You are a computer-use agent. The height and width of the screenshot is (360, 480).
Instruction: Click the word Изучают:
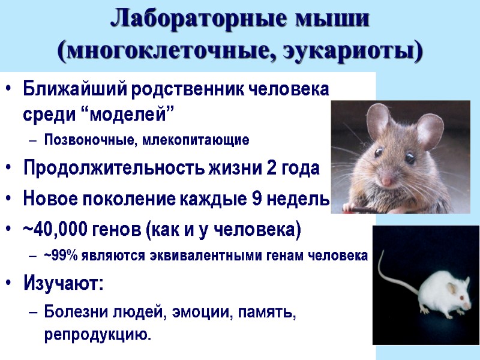pos(63,282)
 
